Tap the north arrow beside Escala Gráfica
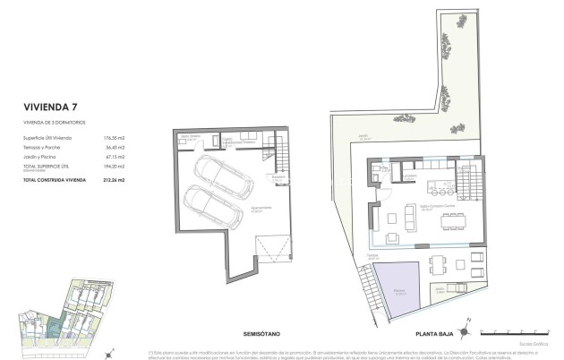click(464, 325)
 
